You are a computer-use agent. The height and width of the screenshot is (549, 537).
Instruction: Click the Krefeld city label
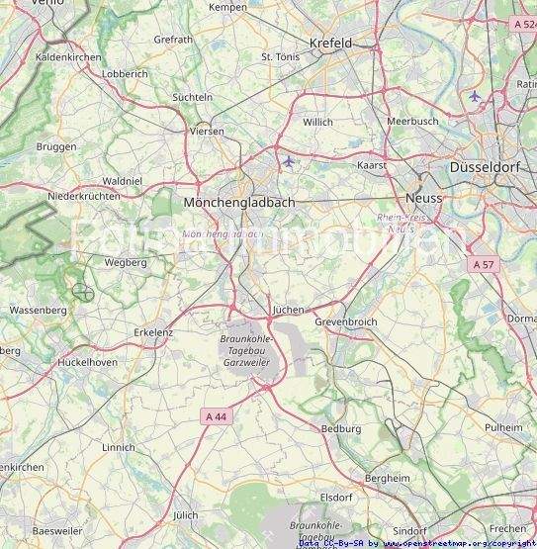pyautogui.click(x=330, y=44)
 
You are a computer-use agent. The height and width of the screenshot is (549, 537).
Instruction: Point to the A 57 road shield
pyautogui.click(x=483, y=264)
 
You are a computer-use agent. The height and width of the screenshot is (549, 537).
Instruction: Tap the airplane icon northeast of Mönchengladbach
pyautogui.click(x=288, y=160)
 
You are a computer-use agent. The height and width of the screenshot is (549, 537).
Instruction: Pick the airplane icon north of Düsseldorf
pyautogui.click(x=475, y=96)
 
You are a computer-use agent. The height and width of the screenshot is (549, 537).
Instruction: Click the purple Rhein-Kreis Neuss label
pyautogui.click(x=401, y=222)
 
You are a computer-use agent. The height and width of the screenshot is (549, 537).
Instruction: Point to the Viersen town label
pyautogui.click(x=206, y=131)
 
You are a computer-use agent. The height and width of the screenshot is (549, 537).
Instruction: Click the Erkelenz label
pyautogui.click(x=153, y=332)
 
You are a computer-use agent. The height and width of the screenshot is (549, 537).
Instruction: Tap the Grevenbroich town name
pyautogui.click(x=346, y=322)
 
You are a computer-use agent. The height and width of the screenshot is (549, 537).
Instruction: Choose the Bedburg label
pyautogui.click(x=341, y=429)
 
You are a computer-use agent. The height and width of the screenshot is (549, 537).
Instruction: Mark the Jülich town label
pyautogui.click(x=185, y=515)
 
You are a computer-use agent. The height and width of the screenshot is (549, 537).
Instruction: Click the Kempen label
pyautogui.click(x=227, y=7)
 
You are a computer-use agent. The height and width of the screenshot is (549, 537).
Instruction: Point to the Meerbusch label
pyautogui.click(x=412, y=121)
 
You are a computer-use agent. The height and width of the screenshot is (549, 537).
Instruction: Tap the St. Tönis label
pyautogui.click(x=280, y=57)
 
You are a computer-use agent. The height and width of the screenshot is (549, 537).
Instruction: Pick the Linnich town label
pyautogui.click(x=118, y=448)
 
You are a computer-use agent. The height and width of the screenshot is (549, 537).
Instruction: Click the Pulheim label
pyautogui.click(x=504, y=426)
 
